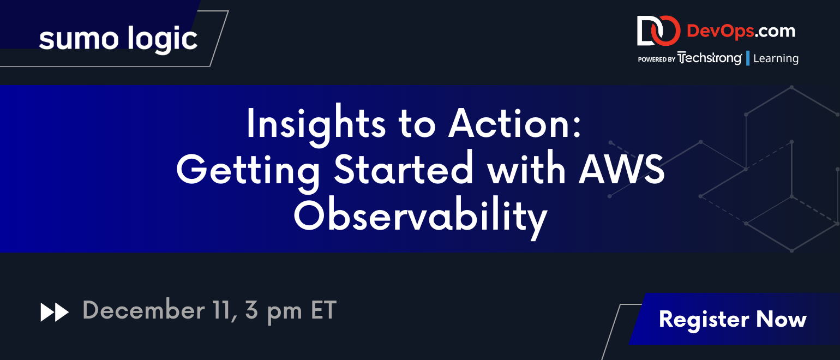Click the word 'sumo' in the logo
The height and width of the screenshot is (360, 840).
click(79, 40)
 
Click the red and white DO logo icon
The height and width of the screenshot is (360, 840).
click(658, 31)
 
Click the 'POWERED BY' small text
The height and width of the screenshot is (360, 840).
click(656, 59)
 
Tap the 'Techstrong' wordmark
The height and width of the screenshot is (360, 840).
click(710, 58)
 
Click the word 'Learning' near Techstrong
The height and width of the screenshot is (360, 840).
click(776, 58)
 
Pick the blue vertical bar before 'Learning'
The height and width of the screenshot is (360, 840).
click(748, 58)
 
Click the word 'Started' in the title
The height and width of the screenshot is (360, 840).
click(404, 169)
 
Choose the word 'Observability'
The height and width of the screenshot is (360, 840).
click(421, 217)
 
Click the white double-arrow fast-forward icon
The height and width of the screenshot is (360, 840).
click(55, 313)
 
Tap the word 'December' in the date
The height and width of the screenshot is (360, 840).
click(143, 310)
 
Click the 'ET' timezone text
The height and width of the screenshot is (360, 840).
click(323, 310)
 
